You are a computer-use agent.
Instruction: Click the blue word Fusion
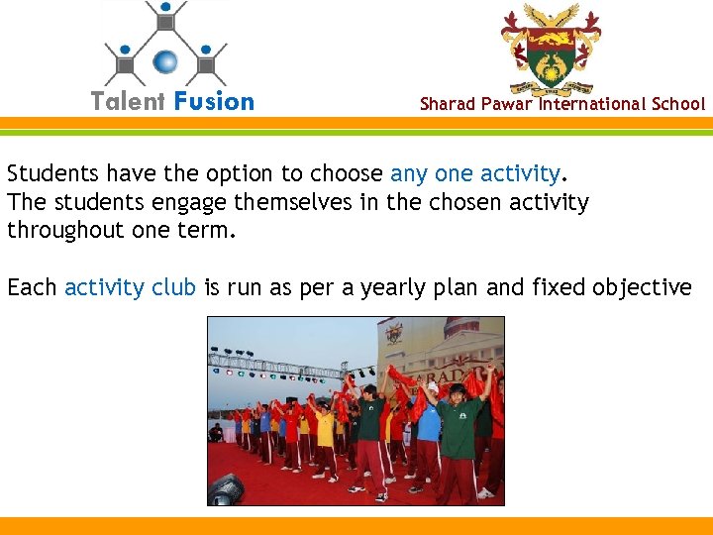point(214,101)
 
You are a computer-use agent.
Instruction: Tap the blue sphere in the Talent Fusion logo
point(166,62)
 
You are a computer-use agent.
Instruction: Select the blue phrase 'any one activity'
point(475,174)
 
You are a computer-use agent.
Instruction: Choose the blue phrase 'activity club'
point(130,287)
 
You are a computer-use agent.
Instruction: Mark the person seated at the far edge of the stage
point(216,433)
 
